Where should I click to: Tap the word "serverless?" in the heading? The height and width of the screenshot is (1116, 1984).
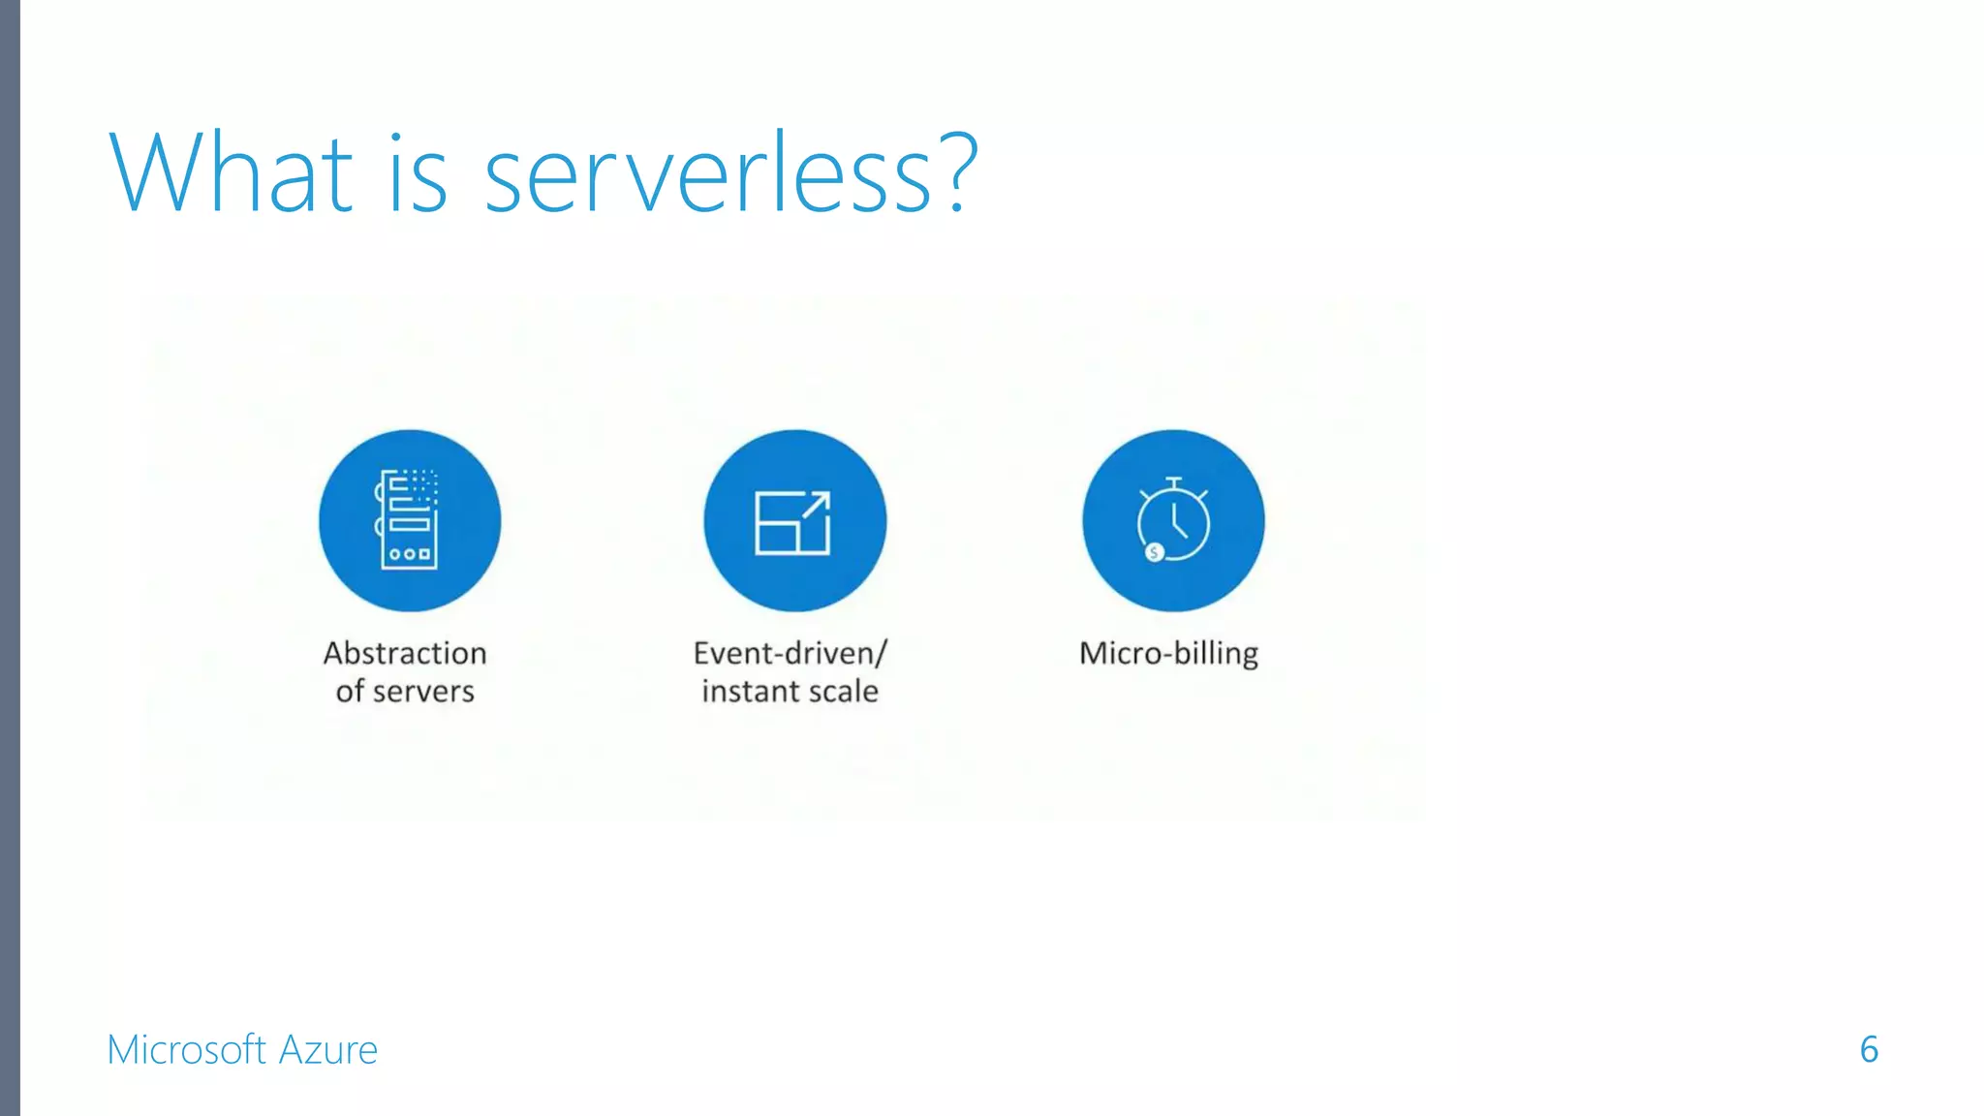coord(730,174)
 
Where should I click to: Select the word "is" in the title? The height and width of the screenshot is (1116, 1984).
coord(418,174)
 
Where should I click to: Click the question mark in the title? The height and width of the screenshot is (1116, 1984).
coord(958,172)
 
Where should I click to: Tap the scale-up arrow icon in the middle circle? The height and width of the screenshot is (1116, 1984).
coord(793,522)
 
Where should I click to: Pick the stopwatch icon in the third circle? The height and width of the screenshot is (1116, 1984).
coord(1173,520)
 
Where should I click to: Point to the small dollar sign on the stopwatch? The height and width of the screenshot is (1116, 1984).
coord(1154,552)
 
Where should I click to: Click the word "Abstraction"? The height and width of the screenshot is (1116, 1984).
coord(405,654)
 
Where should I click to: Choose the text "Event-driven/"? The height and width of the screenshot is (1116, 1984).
coord(790,654)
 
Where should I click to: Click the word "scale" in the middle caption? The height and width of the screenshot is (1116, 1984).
coord(843,692)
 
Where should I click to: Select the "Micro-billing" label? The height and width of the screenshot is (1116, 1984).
coord(1168,654)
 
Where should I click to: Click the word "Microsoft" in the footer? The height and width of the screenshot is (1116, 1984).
coord(186,1050)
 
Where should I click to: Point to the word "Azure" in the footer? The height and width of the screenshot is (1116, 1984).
coord(328,1050)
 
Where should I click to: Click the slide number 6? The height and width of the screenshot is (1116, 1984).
coord(1869,1050)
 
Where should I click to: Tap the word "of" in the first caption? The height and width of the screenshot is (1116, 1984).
coord(350,692)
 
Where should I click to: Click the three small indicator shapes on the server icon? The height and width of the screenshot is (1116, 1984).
coord(409,555)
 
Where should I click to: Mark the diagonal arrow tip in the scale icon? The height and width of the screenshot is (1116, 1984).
coord(823,497)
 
